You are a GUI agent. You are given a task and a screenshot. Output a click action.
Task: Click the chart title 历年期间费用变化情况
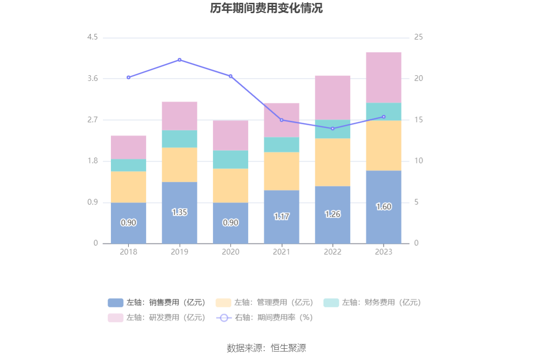(x=266, y=8)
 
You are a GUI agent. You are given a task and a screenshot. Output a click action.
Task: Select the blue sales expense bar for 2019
(x=180, y=212)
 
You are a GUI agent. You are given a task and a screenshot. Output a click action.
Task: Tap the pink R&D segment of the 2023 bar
(x=384, y=78)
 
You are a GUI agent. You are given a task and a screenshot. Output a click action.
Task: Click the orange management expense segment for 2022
(x=333, y=162)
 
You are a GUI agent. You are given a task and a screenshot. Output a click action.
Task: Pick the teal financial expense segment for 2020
(x=230, y=159)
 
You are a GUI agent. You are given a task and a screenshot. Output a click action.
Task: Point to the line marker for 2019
(x=180, y=60)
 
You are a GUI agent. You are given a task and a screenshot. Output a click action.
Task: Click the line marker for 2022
(x=333, y=128)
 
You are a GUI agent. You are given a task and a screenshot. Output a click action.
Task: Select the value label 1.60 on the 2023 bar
(x=384, y=207)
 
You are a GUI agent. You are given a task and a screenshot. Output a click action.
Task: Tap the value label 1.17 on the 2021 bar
(x=282, y=217)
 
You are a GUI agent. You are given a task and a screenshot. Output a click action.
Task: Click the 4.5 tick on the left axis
(x=92, y=37)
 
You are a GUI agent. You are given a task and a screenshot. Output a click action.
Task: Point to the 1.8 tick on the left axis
(x=92, y=161)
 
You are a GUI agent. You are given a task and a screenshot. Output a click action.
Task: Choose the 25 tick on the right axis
(x=418, y=37)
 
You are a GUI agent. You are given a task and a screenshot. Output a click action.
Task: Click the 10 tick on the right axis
(x=418, y=161)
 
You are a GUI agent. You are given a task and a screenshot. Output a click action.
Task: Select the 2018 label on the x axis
(x=128, y=252)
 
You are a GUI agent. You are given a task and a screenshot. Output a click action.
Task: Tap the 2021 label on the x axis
(x=282, y=252)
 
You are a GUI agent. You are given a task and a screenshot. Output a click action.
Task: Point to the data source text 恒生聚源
(x=266, y=348)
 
